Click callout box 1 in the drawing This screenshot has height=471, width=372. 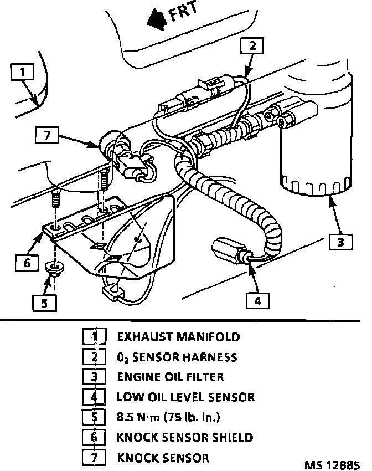(x=22, y=72)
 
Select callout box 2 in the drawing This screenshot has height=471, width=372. (x=251, y=47)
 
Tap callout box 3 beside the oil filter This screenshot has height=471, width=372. (x=340, y=242)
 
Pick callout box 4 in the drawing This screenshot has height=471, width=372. (x=257, y=300)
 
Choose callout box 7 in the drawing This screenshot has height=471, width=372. (x=46, y=134)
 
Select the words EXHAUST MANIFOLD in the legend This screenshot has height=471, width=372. (x=178, y=336)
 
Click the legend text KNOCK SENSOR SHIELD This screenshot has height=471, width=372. (x=185, y=437)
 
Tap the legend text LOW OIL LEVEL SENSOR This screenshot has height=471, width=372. (x=185, y=397)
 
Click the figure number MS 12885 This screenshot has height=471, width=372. (x=332, y=463)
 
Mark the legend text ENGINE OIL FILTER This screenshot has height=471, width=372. (x=170, y=377)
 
